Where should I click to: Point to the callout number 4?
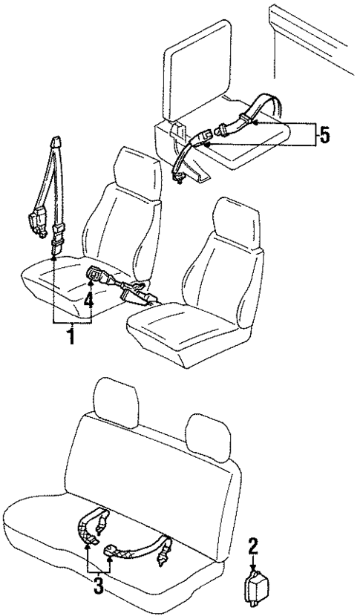pos(88,301)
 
